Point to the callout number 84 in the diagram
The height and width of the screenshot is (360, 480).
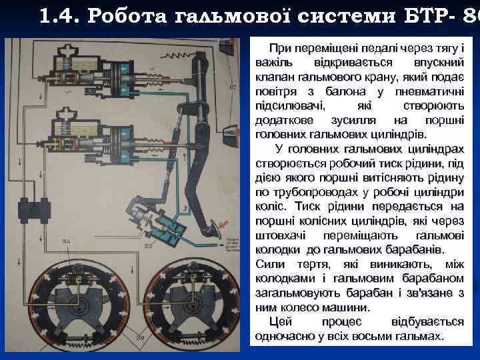(66, 241)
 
